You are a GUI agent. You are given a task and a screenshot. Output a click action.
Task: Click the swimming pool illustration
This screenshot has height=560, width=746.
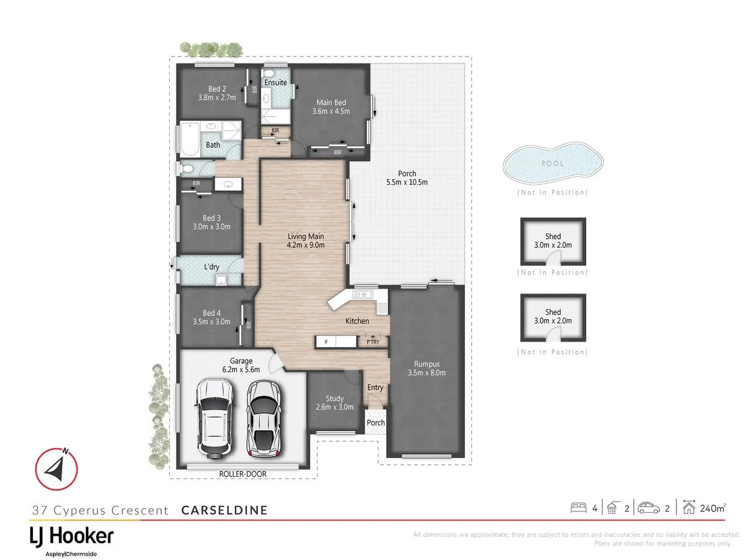pos(553,164)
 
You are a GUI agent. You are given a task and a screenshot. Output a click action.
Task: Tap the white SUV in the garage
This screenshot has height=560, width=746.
pos(213,418)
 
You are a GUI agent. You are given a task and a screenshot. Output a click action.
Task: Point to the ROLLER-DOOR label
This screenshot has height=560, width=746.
pos(242,474)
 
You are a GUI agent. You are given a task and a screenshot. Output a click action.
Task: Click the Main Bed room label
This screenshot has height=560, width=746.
pos(331,103)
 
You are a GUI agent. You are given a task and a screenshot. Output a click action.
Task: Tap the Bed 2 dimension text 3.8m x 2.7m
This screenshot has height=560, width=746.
pos(212,98)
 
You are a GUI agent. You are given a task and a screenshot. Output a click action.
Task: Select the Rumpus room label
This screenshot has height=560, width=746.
pos(426,364)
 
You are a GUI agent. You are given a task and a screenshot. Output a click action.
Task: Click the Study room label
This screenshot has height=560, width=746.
pos(334,399)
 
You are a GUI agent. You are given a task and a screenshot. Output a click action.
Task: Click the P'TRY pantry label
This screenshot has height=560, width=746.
pos(373,342)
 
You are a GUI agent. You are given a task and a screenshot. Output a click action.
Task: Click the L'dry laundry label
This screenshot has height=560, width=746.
pos(211,268)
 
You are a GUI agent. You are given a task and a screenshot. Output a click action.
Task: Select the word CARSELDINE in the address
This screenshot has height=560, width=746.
pos(224,510)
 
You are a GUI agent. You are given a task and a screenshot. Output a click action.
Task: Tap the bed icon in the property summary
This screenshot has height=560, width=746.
pos(578,508)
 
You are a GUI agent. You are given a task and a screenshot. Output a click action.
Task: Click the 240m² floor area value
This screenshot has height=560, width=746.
pos(712,508)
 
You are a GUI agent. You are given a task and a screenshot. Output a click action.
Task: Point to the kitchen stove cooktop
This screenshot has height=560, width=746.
pos(381,307)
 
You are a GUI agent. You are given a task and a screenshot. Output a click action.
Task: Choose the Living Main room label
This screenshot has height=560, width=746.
pos(306,236)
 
